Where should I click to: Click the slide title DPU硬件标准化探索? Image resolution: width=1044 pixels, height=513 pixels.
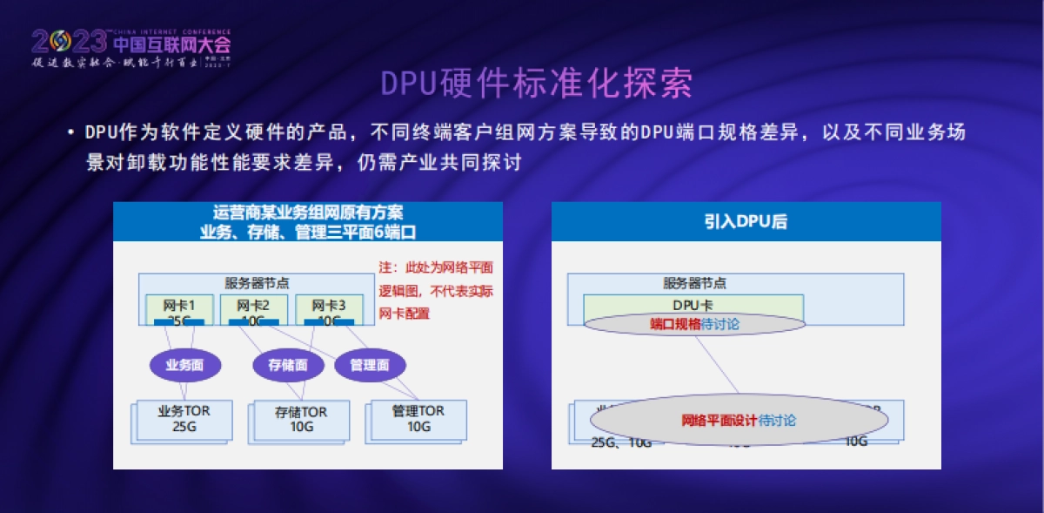coord(537,84)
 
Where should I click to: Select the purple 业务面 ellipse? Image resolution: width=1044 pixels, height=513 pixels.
coord(184,365)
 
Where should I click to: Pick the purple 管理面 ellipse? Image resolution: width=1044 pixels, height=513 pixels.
coord(369,365)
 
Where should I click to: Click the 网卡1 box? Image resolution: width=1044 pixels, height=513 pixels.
coord(177,309)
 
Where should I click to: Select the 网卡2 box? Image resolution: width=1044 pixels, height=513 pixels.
coord(252,309)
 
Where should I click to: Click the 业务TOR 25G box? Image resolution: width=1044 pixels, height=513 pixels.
coord(184,419)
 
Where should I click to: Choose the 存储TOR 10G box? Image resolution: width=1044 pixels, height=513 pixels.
coord(301,420)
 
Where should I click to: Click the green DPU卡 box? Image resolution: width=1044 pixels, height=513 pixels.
coord(693,305)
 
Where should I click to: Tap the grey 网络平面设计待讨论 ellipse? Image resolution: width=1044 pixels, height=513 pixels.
coord(739,421)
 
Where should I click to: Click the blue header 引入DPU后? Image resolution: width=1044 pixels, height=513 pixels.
coord(746,221)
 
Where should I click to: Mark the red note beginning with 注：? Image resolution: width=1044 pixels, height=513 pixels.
coord(435,290)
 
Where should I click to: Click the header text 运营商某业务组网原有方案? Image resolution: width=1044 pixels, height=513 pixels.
coord(308,213)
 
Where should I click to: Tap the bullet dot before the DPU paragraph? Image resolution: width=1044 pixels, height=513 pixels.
coord(70,133)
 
